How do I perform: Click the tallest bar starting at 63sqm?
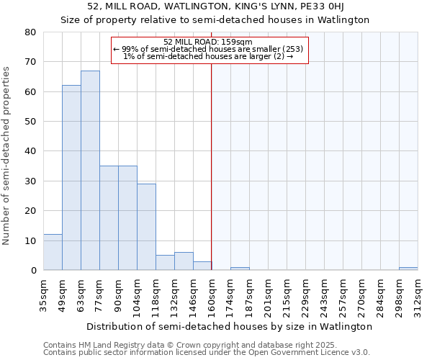coord(90,171)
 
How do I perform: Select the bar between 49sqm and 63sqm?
coord(71,178)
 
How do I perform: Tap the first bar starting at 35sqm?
coord(53,252)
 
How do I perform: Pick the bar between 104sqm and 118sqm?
coord(146,227)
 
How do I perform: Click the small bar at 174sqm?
coord(240,269)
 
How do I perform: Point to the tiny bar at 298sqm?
coord(408,269)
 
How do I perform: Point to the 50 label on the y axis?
coord(30,122)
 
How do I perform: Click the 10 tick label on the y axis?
coord(30,240)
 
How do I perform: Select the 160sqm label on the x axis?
coord(212,294)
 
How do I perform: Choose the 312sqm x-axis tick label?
coord(418,294)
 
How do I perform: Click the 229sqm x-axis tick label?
coord(305,294)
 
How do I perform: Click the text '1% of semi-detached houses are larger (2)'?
coord(207,56)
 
